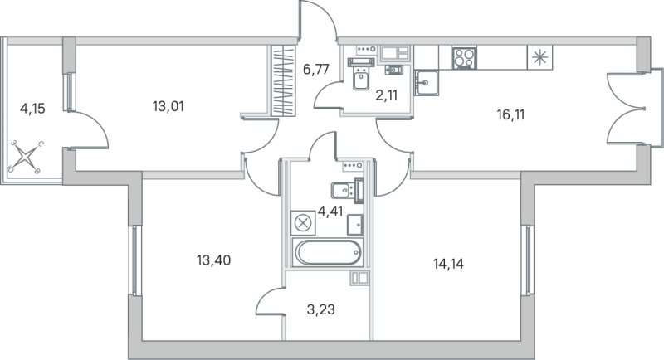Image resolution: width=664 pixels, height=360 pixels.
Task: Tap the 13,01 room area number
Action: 168,105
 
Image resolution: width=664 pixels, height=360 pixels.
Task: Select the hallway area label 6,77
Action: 316,71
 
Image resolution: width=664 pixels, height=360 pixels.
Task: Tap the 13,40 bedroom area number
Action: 213,260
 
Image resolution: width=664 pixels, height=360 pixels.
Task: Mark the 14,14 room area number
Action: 448,265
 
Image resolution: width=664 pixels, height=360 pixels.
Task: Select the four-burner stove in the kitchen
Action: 463,57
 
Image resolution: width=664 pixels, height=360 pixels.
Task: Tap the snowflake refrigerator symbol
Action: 539,57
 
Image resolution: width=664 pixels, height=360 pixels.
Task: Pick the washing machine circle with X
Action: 303,222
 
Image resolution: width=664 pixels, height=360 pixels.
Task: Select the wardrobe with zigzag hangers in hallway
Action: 284,81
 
